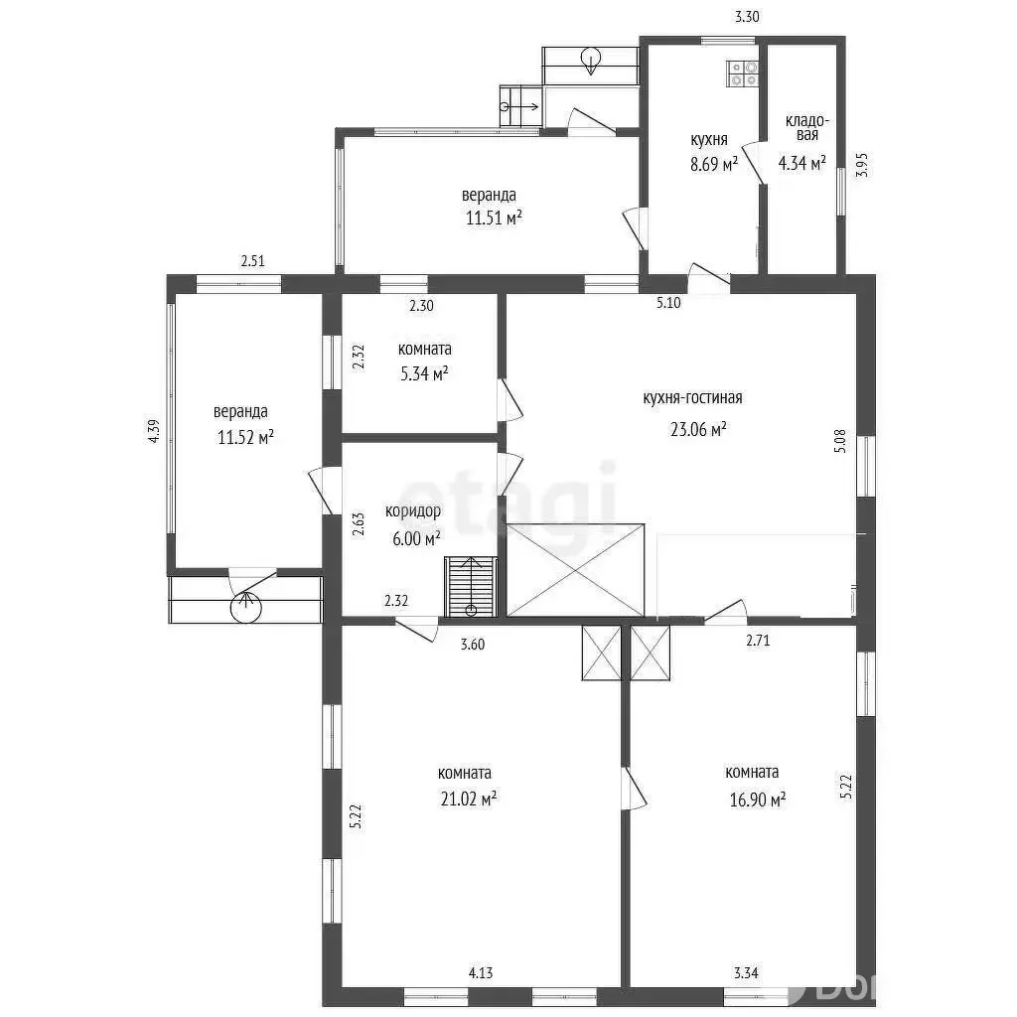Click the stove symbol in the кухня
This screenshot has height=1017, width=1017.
pyautogui.click(x=743, y=73)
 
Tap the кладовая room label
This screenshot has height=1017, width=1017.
pyautogui.click(x=806, y=128)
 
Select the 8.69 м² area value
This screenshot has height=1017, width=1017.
pyautogui.click(x=714, y=164)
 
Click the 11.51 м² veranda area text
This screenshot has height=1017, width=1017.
pyautogui.click(x=495, y=218)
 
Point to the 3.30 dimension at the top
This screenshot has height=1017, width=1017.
pyautogui.click(x=747, y=17)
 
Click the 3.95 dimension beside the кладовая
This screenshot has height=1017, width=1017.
pyautogui.click(x=861, y=165)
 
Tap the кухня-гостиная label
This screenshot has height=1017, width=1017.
pyautogui.click(x=692, y=397)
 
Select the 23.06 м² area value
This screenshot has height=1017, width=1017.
pyautogui.click(x=698, y=429)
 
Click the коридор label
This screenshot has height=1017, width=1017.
pyautogui.click(x=413, y=511)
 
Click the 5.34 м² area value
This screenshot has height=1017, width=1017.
pyautogui.click(x=425, y=373)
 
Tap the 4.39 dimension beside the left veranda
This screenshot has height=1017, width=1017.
pyautogui.click(x=154, y=431)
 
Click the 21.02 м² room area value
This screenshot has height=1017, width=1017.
pyautogui.click(x=469, y=799)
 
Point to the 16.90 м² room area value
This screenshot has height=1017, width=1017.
pyautogui.click(x=758, y=799)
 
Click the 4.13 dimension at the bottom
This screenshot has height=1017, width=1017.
pyautogui.click(x=481, y=972)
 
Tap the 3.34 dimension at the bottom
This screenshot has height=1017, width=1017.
pyautogui.click(x=746, y=972)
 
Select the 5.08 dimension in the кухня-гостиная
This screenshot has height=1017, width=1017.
pyautogui.click(x=840, y=440)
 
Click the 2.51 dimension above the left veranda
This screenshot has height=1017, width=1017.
pyautogui.click(x=253, y=261)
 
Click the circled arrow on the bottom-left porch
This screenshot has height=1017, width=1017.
pyautogui.click(x=246, y=607)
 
